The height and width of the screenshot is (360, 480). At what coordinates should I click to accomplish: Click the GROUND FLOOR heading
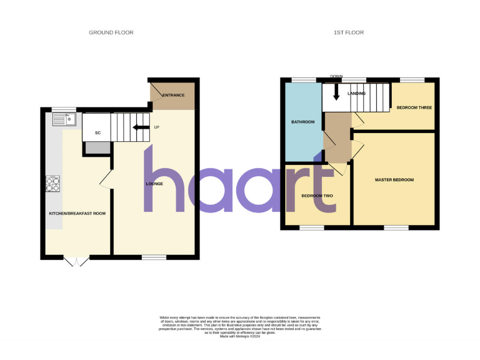pyautogui.click(x=111, y=32)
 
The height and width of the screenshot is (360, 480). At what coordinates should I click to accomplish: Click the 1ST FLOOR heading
pyautogui.click(x=349, y=32)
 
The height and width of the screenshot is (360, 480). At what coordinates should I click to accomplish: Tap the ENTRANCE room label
pyautogui.click(x=173, y=95)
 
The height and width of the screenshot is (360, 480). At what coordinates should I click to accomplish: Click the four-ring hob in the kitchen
pyautogui.click(x=53, y=184)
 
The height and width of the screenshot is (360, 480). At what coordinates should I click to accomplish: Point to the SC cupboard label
pyautogui.click(x=97, y=133)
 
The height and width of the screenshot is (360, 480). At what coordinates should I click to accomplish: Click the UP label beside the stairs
pyautogui.click(x=157, y=128)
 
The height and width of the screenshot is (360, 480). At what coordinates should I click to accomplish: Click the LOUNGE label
pyautogui.click(x=154, y=184)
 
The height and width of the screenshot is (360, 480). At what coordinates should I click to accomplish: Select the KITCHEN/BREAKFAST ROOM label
pyautogui.click(x=77, y=214)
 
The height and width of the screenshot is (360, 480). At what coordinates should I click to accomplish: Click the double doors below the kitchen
pyautogui.click(x=77, y=262)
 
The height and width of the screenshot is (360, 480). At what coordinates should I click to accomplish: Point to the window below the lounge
pyautogui.click(x=154, y=257)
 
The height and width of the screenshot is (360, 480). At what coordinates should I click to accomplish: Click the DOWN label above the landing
pyautogui.click(x=336, y=77)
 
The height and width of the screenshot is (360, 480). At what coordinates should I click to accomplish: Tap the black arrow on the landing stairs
pyautogui.click(x=336, y=92)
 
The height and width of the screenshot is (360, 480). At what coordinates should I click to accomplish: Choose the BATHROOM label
pyautogui.click(x=304, y=122)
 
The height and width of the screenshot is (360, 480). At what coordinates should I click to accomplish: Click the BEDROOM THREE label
pyautogui.click(x=414, y=107)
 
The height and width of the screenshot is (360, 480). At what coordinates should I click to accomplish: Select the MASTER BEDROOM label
pyautogui.click(x=394, y=180)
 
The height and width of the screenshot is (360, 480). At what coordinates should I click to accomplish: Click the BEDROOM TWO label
pyautogui.click(x=317, y=196)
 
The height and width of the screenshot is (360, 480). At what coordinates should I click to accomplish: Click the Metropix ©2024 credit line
pyautogui.click(x=240, y=336)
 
